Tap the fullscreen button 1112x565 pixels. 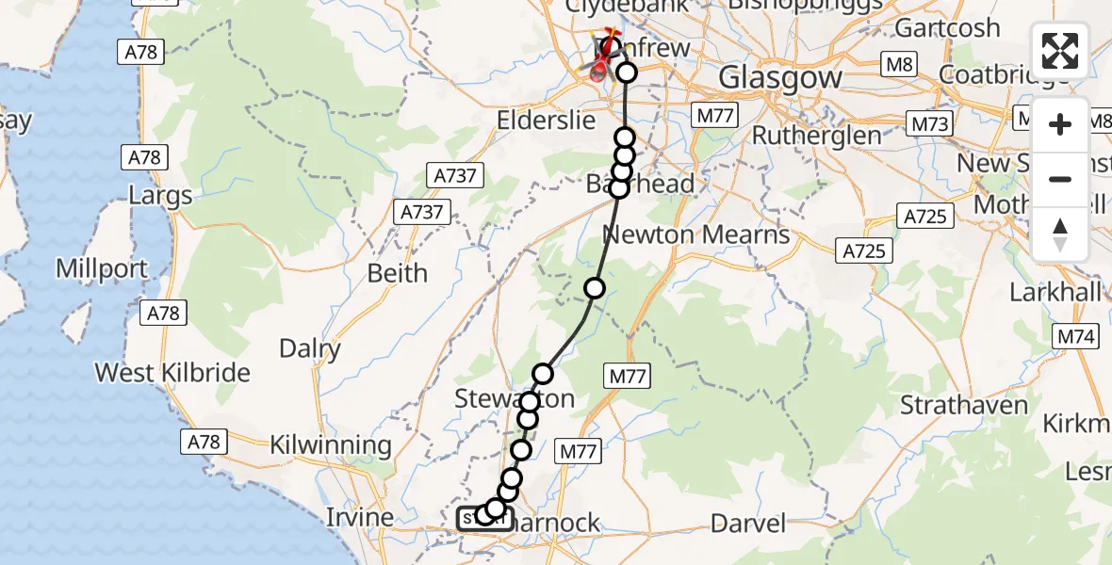point(1060,51)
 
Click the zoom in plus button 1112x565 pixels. point(1060,124)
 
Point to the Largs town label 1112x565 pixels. point(161,196)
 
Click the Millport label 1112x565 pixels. point(102,268)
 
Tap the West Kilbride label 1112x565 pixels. point(172,373)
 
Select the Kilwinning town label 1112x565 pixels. point(330,444)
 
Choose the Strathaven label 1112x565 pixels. point(963,406)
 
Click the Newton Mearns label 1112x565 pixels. point(695,234)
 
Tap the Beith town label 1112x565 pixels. point(397,273)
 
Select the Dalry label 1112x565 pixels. point(310,349)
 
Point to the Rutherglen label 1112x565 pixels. point(816,136)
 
